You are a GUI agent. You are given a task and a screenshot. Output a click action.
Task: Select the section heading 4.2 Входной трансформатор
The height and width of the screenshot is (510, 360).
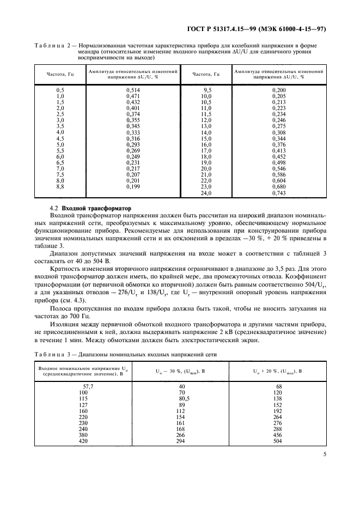pyautogui.click(x=87, y=209)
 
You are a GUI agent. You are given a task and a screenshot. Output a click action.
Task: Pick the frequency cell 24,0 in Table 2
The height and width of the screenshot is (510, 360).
pyautogui.click(x=206, y=193)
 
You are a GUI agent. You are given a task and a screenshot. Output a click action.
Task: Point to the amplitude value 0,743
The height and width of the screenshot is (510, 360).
pyautogui.click(x=278, y=193)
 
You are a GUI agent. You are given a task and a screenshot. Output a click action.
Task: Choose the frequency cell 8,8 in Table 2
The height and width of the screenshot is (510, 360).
pyautogui.click(x=60, y=187)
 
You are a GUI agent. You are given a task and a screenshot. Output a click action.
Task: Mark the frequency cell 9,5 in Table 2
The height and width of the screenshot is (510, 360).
pyautogui.click(x=206, y=89)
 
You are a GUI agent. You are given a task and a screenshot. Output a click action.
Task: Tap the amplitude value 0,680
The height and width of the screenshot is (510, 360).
pyautogui.click(x=278, y=187)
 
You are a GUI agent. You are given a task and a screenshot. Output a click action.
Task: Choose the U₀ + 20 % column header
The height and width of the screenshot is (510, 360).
pyautogui.click(x=278, y=371)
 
